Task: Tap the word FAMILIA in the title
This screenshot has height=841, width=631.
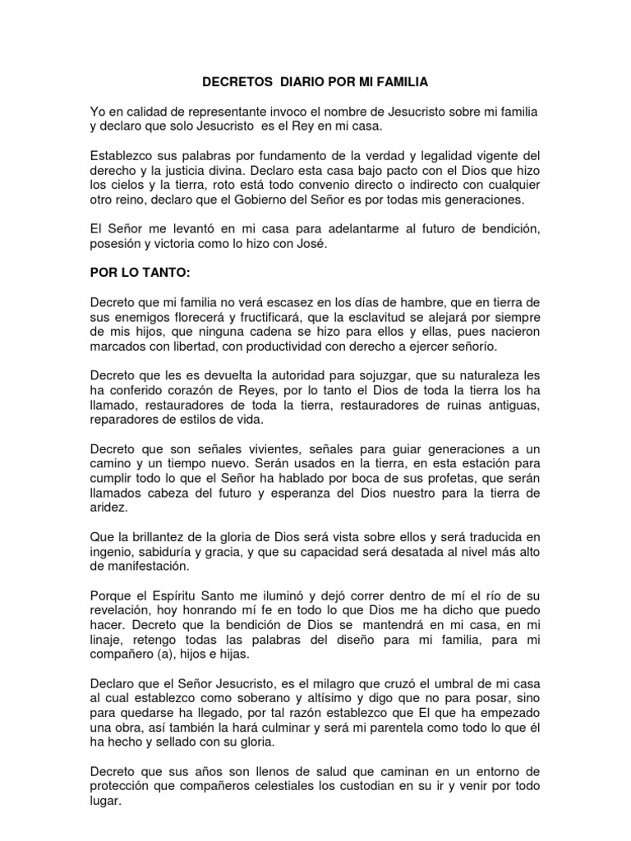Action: (x=405, y=83)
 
